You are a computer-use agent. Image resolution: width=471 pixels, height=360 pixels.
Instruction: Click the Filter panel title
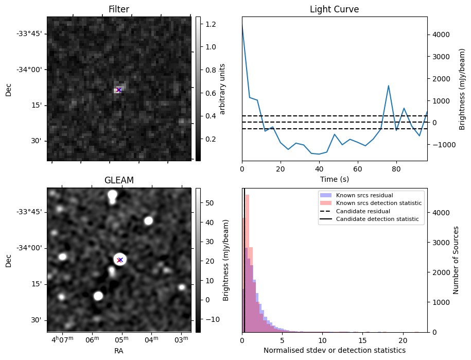[119, 9]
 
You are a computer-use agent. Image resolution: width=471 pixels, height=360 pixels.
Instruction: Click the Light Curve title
[334, 9]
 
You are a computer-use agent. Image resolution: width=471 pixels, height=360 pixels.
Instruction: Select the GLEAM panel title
[119, 180]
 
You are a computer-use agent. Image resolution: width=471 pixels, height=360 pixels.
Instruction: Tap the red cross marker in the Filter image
[119, 90]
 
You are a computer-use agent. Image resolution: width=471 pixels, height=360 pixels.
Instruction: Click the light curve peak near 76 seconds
[388, 85]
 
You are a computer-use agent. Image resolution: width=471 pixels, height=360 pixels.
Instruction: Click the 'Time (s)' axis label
[334, 179]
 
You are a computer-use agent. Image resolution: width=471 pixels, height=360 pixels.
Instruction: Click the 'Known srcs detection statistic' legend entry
[378, 203]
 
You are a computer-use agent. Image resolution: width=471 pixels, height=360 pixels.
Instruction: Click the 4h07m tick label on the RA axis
[63, 340]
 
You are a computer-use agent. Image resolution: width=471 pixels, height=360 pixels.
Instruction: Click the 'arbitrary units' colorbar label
[222, 89]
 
